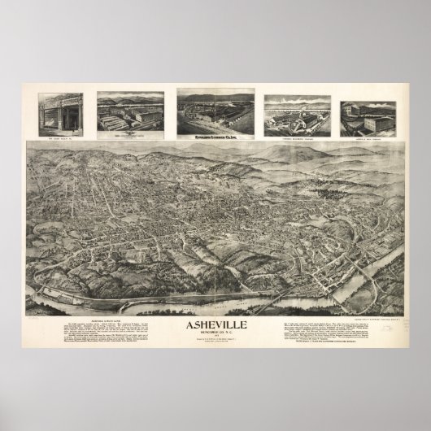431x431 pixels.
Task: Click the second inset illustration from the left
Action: click(129, 113)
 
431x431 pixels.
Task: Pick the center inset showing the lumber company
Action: click(214, 113)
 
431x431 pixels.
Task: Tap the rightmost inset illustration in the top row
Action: click(367, 114)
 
